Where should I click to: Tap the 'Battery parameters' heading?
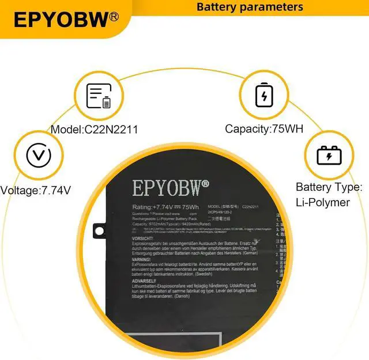(x=250, y=7)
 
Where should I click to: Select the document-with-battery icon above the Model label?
(x=98, y=96)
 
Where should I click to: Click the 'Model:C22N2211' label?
(x=94, y=130)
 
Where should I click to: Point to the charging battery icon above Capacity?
(x=265, y=95)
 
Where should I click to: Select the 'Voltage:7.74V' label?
(x=36, y=190)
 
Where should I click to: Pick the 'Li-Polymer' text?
(x=323, y=203)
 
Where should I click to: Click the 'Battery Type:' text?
(x=329, y=187)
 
